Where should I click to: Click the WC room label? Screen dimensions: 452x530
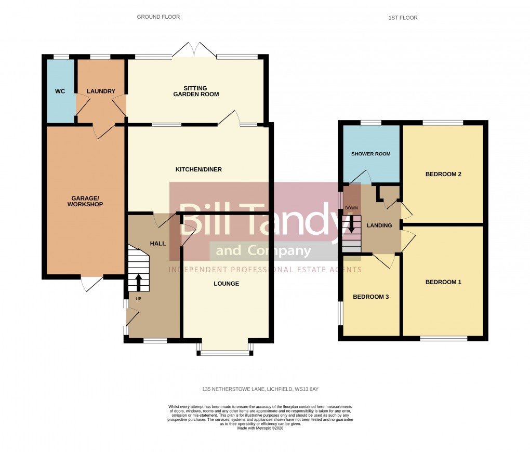pos(60,91)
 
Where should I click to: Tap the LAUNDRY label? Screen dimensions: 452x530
pos(101,91)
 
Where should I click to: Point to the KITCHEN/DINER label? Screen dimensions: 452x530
pos(198,170)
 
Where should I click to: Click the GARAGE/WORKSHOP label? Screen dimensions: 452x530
pos(85,201)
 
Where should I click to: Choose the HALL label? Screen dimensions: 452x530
pos(158,243)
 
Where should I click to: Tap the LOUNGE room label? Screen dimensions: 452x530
pos(227,284)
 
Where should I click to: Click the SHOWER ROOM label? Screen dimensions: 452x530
pos(370,154)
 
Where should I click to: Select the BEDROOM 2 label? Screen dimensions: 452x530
pos(443,174)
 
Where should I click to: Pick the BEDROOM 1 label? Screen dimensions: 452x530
pos(443,282)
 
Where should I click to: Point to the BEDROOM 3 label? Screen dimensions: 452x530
pos(370,297)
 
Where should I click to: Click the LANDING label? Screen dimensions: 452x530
pos(379,225)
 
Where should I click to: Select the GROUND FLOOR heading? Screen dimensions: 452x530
pos(158,17)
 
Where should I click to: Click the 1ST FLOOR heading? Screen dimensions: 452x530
pos(403,18)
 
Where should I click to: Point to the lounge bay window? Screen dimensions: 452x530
pos(225,352)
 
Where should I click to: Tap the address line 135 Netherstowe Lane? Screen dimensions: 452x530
pos(264,389)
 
